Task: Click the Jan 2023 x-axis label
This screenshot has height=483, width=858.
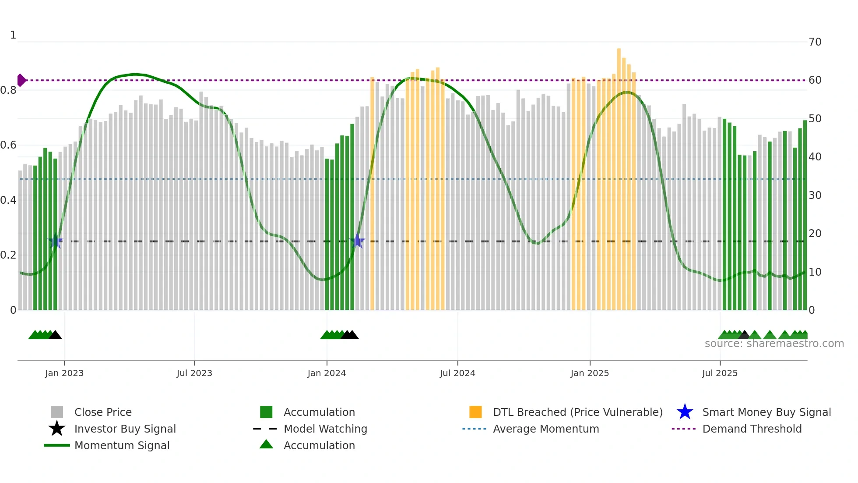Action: tap(64, 373)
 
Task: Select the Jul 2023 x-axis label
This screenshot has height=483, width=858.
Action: tap(194, 373)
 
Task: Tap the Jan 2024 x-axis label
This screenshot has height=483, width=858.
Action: tap(327, 373)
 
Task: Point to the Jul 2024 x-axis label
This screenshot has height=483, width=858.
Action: tap(457, 373)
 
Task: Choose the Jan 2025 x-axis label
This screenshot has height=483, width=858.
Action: tap(590, 373)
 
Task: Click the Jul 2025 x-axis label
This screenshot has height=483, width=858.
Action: tap(720, 373)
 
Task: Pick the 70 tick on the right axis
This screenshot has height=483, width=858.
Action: tap(815, 42)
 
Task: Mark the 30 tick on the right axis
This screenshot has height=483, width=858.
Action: tap(815, 195)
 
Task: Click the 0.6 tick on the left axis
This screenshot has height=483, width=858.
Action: tap(8, 145)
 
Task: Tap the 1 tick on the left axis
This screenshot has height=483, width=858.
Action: tap(13, 35)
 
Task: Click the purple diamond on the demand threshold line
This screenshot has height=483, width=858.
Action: tap(21, 80)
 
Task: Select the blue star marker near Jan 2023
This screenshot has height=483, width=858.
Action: tap(55, 241)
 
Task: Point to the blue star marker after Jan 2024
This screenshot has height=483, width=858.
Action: tap(357, 241)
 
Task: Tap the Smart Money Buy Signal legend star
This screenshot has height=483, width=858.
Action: tap(685, 412)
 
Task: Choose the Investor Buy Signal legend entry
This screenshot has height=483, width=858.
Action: tap(125, 429)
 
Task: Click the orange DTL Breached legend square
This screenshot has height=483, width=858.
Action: tap(475, 412)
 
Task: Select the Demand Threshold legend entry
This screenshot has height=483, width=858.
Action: tap(752, 429)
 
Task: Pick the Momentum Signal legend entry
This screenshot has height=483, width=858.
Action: tap(122, 445)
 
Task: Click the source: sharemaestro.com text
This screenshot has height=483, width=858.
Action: tap(774, 344)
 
